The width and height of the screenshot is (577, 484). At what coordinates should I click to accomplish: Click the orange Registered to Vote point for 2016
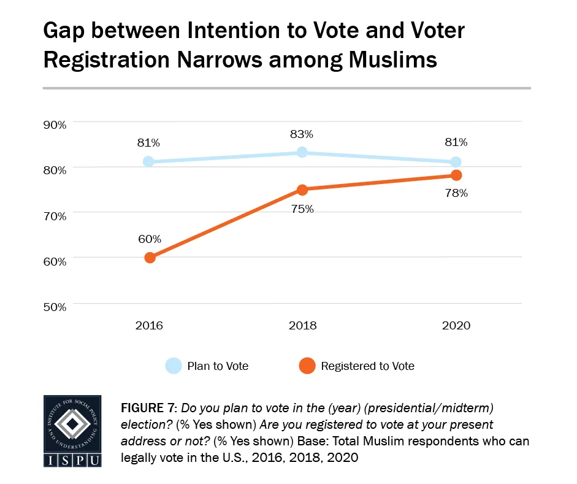tap(150, 258)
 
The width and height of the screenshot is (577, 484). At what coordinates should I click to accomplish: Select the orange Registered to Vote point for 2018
tap(302, 190)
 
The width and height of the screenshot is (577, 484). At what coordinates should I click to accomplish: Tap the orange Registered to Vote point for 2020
tap(456, 175)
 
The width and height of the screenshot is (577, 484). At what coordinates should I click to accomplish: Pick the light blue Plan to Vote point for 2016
tap(149, 162)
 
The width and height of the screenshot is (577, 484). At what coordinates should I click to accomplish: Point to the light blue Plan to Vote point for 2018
tap(302, 152)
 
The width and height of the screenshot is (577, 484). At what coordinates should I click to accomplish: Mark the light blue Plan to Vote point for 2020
tap(456, 162)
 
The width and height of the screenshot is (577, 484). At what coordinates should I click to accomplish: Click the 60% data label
tap(149, 238)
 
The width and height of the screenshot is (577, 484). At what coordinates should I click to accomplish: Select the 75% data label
tap(302, 209)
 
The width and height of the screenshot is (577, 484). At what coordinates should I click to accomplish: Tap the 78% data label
tap(456, 193)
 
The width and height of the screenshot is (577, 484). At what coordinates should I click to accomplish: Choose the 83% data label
tap(302, 134)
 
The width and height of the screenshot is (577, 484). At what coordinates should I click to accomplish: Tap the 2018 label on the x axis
tap(302, 325)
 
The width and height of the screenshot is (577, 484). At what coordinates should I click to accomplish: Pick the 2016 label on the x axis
tap(149, 325)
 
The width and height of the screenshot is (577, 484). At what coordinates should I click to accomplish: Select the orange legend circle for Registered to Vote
tap(307, 366)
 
